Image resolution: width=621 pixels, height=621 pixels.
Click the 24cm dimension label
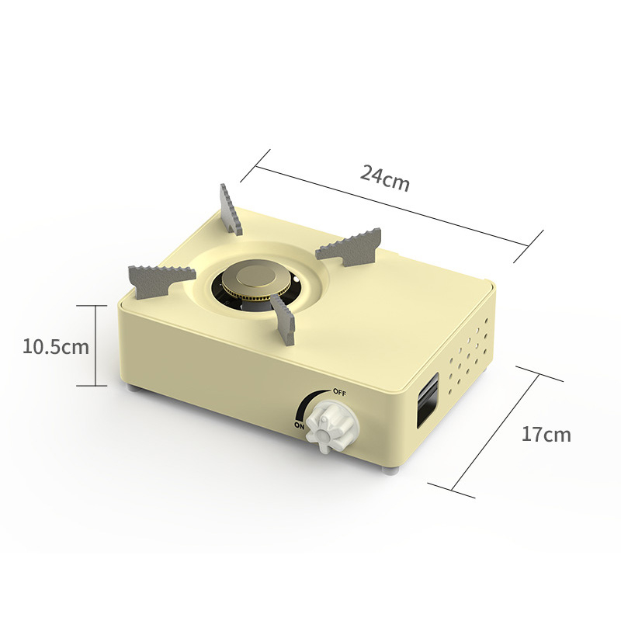point(384,179)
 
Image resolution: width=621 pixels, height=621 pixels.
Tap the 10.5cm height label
point(55,346)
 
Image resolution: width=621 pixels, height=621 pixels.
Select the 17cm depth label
point(546,434)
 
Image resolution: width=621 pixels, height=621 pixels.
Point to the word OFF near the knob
point(339,392)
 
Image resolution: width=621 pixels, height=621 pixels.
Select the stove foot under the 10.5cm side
point(135,389)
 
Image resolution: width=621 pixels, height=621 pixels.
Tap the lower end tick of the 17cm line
point(451,488)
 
